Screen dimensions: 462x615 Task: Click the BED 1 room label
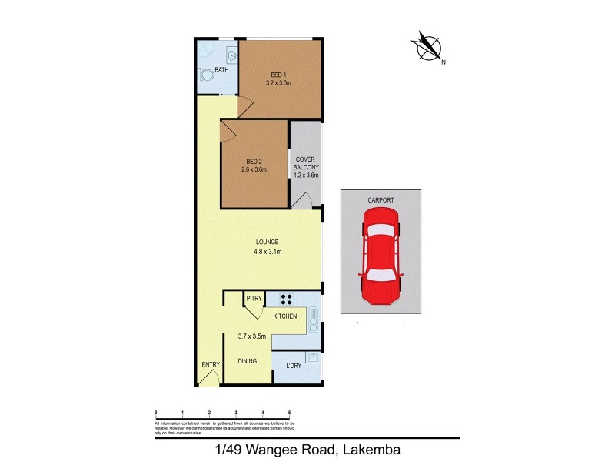279,74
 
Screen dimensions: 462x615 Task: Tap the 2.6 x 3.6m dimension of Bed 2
254,170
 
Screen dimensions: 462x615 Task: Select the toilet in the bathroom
205,75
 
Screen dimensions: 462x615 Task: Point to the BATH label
221,71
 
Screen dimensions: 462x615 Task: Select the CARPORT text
381,200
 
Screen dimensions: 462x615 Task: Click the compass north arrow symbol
427,46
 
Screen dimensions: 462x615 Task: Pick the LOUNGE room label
268,241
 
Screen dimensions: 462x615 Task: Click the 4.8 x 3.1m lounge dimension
268,251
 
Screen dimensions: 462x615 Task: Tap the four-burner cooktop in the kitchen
287,300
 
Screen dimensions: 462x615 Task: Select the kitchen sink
313,317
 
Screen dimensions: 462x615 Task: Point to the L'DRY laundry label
292,364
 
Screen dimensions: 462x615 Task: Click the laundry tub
312,357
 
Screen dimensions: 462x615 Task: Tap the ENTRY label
211,365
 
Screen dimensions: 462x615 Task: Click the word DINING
248,360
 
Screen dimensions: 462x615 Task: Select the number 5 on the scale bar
289,413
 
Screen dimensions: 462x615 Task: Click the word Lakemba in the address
371,449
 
